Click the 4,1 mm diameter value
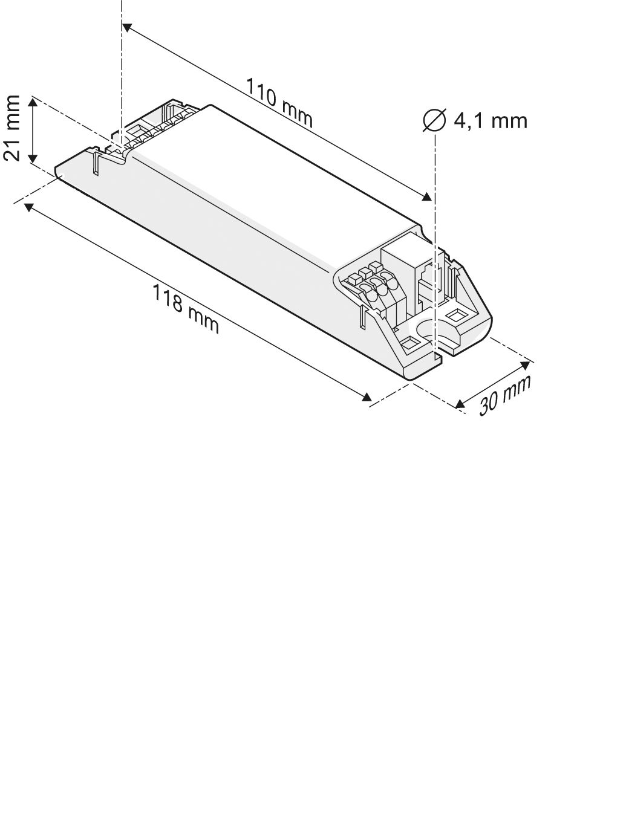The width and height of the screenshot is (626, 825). (491, 120)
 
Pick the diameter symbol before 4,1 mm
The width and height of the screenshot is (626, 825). (434, 120)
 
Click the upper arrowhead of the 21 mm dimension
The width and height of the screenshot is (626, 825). (34, 102)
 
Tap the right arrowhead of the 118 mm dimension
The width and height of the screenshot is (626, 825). (367, 396)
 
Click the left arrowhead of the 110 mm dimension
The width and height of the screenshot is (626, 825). (126, 27)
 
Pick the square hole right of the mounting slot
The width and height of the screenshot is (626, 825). (455, 315)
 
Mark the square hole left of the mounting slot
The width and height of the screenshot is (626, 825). (409, 344)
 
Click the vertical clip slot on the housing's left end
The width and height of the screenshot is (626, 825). (96, 163)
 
